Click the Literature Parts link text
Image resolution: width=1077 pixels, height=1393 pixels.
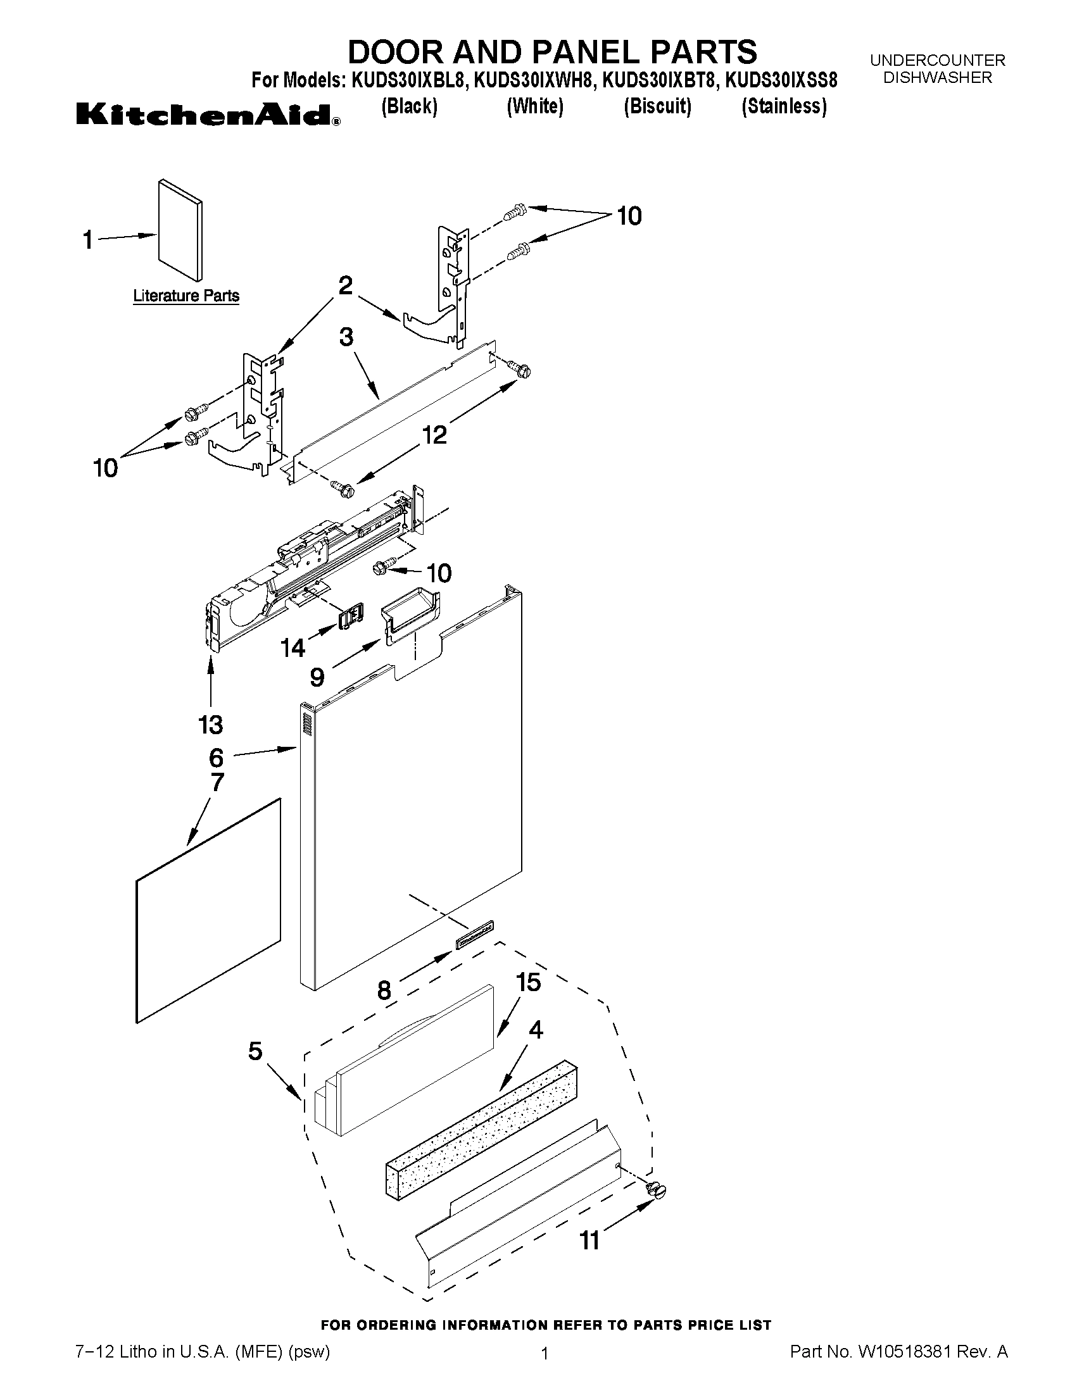186,296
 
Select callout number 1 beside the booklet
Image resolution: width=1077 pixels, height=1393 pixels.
88,240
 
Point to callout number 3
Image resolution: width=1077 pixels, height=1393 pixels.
346,337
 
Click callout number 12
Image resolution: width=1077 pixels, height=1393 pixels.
434,435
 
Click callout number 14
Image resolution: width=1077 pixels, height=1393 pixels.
293,648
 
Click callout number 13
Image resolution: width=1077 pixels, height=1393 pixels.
211,725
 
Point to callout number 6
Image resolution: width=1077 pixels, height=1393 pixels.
217,758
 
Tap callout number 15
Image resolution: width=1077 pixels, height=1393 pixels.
528,982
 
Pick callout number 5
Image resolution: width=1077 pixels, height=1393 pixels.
255,1051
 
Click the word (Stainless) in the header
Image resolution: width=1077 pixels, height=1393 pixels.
783,106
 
